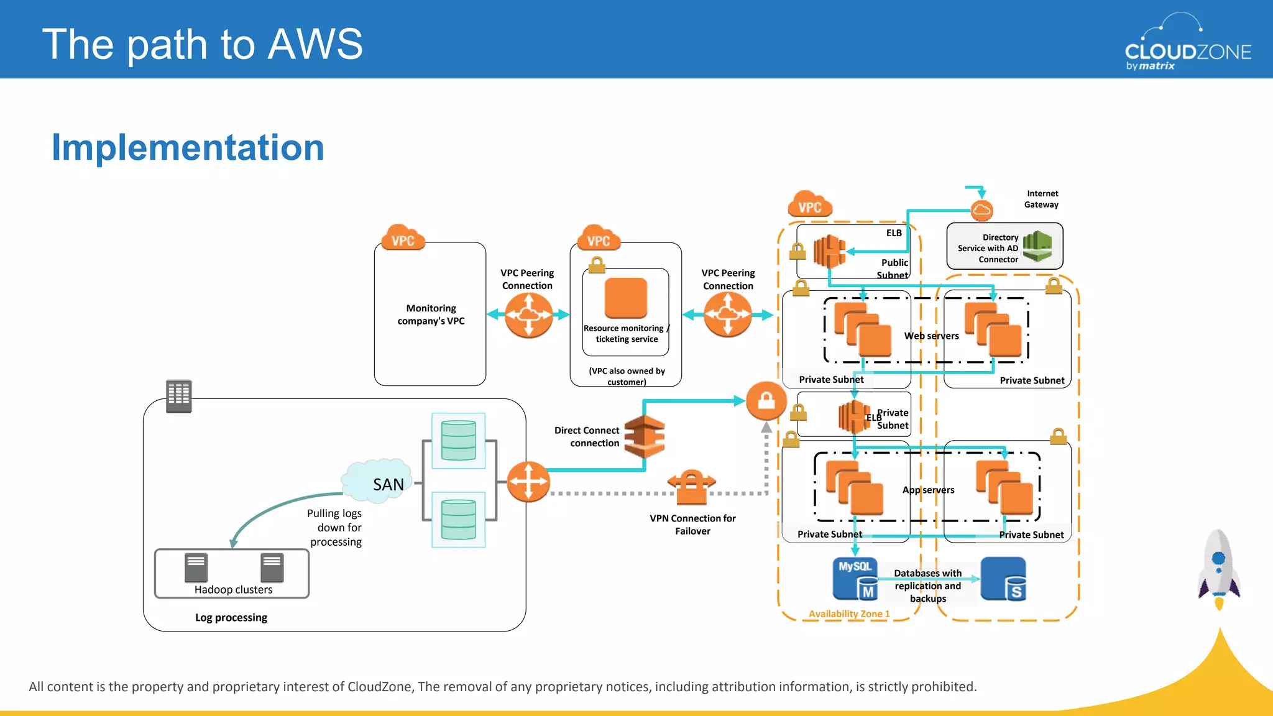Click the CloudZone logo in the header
click(x=1187, y=44)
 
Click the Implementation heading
click(x=188, y=148)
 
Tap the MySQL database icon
click(x=855, y=578)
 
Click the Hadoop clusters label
click(x=233, y=589)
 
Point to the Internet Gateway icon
click(x=981, y=210)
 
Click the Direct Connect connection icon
click(x=644, y=436)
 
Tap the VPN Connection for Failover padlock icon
click(x=691, y=487)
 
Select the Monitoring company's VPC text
click(x=431, y=314)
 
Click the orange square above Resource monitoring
click(x=625, y=298)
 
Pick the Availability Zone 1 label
click(x=849, y=613)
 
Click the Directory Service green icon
click(x=1037, y=246)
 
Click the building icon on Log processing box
click(x=179, y=395)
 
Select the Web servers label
click(x=931, y=336)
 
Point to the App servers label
click(x=928, y=490)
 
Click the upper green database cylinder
click(x=458, y=440)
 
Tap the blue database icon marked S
click(x=1003, y=579)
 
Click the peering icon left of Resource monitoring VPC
click(x=528, y=315)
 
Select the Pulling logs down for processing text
click(x=335, y=527)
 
